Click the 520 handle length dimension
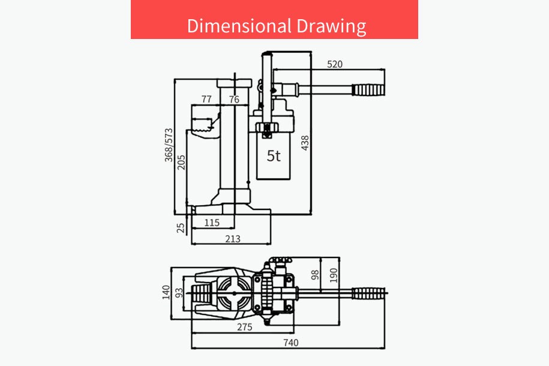point(335,64)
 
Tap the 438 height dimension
point(305,143)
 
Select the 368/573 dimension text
point(169,145)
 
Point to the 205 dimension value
point(181,163)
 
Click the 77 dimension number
point(206,99)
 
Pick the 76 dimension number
point(234,100)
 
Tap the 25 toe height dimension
point(181,228)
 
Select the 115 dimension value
point(212,223)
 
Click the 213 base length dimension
point(233,239)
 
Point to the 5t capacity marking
point(274,156)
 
